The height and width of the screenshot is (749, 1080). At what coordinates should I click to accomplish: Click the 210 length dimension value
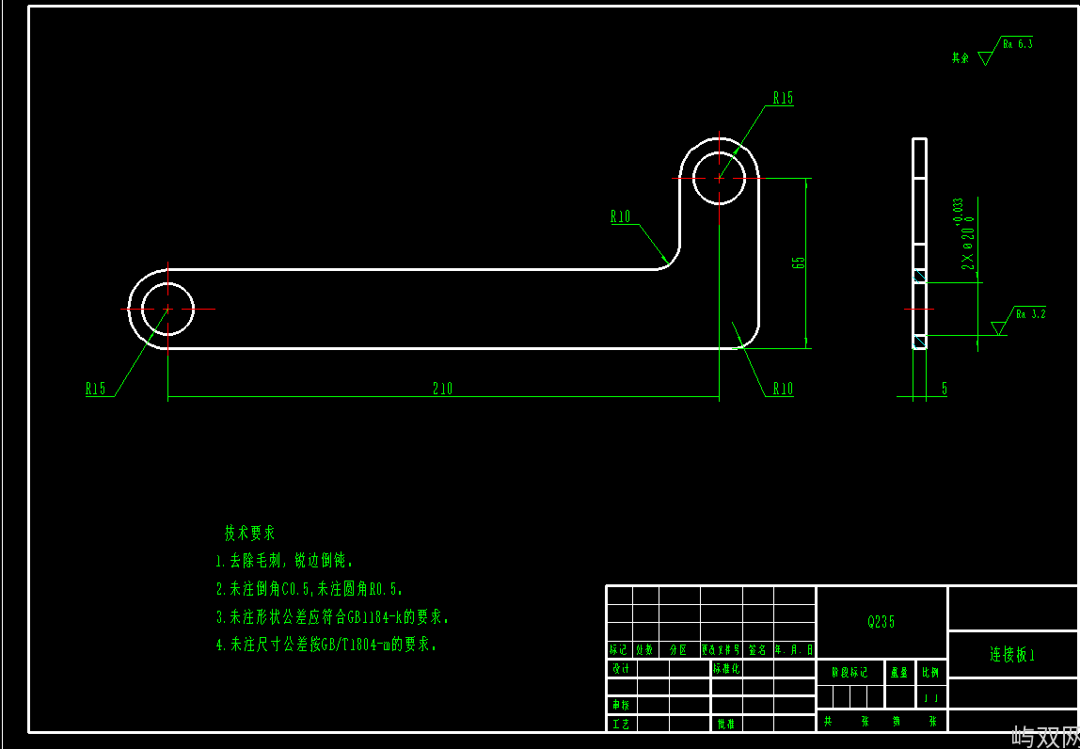(x=442, y=389)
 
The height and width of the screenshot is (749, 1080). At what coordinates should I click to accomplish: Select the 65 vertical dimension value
(x=800, y=263)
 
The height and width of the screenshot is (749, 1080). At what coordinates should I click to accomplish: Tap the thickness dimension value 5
(x=944, y=388)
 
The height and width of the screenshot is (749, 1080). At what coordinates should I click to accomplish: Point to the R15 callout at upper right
(x=783, y=98)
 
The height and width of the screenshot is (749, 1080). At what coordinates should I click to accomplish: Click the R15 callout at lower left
(x=96, y=389)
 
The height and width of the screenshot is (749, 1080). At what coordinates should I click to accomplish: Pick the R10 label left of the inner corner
(x=621, y=217)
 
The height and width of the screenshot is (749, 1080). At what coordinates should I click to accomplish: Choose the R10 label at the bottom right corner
(x=783, y=389)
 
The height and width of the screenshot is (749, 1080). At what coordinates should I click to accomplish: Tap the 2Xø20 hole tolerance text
(x=964, y=235)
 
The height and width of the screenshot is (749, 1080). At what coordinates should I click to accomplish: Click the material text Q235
(x=881, y=622)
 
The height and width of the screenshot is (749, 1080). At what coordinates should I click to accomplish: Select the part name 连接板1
(x=1012, y=655)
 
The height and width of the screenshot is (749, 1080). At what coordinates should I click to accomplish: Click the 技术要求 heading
(x=249, y=534)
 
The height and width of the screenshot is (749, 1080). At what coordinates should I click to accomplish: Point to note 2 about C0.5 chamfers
(x=310, y=590)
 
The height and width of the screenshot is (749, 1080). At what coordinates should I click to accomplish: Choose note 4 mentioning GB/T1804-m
(x=327, y=645)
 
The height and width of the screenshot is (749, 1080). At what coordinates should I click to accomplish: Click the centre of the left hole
(x=167, y=309)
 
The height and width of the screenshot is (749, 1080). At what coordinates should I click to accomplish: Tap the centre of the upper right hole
(x=720, y=177)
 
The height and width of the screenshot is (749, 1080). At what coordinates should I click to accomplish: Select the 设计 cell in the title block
(x=621, y=669)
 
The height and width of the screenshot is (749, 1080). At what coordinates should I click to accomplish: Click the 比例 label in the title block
(x=930, y=672)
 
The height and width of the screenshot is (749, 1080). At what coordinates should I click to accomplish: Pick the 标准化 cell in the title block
(x=727, y=669)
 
